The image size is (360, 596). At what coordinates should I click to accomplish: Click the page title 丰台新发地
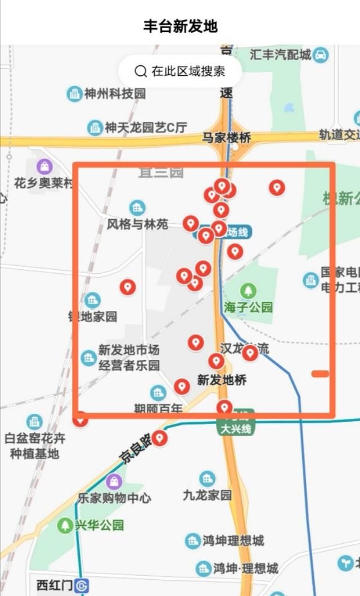click(180, 26)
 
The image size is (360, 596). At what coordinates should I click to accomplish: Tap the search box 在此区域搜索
click(180, 71)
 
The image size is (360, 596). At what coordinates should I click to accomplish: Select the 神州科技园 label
click(114, 93)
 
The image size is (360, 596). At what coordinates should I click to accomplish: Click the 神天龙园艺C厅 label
click(145, 128)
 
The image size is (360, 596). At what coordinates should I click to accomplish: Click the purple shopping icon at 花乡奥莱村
click(44, 166)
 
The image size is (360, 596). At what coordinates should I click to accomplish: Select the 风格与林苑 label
click(137, 224)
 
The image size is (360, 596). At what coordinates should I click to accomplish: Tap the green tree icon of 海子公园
click(247, 291)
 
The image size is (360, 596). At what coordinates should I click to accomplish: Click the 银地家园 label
click(93, 316)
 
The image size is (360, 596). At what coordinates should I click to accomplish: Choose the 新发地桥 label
click(222, 380)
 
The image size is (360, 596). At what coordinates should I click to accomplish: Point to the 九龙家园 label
click(207, 495)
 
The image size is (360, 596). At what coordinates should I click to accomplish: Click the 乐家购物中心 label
click(114, 498)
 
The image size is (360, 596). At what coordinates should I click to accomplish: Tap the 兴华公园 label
click(99, 526)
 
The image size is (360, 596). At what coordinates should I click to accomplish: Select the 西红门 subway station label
click(55, 585)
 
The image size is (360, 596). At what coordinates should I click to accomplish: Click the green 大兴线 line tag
click(236, 428)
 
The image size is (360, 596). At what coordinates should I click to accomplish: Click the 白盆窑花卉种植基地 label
click(35, 445)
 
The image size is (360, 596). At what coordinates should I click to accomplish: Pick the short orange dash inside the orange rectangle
click(320, 374)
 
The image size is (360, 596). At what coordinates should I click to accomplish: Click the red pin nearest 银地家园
click(128, 287)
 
